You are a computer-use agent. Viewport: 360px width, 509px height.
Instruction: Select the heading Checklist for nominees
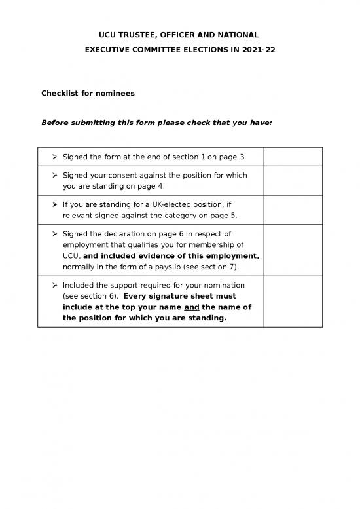[x=88, y=93]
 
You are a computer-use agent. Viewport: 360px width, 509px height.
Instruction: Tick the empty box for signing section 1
[x=293, y=157]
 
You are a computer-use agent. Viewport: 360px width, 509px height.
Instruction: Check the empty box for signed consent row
[x=293, y=180]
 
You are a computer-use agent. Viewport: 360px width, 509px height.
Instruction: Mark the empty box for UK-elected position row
[x=293, y=210]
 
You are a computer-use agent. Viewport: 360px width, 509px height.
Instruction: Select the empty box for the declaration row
[x=293, y=250]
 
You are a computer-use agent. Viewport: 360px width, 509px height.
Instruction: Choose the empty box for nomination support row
[x=293, y=301]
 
